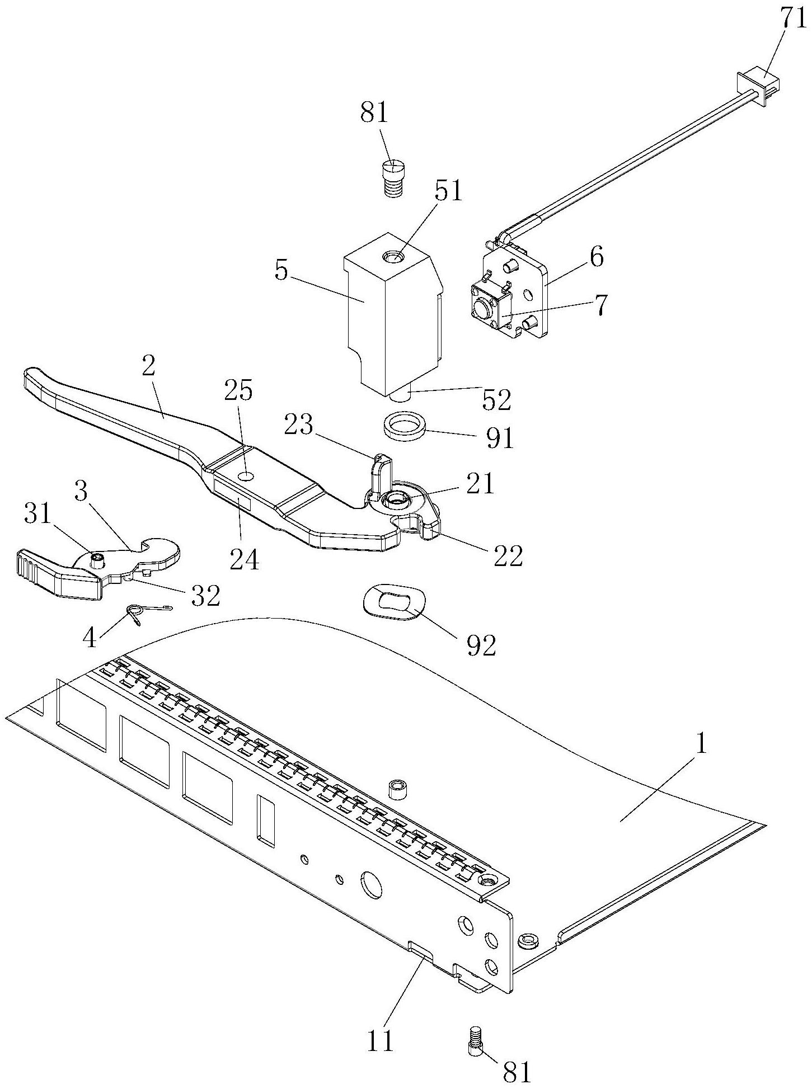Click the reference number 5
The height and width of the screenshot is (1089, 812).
pos(281,272)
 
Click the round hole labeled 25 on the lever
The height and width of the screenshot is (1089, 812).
pos(245,476)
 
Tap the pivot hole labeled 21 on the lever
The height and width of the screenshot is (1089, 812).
pos(397,498)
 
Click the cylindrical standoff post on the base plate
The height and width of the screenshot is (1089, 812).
pos(397,789)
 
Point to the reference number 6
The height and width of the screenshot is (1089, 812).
pos(597,258)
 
